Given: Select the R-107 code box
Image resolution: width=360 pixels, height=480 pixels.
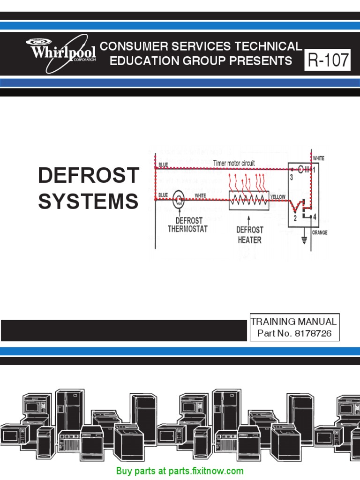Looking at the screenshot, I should [x=328, y=60].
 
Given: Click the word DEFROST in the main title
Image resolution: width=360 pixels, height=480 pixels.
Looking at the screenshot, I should [x=89, y=176].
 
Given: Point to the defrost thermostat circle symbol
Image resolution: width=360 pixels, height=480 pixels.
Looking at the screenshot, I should [x=179, y=200].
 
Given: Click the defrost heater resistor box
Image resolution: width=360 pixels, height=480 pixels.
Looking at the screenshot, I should [x=248, y=200].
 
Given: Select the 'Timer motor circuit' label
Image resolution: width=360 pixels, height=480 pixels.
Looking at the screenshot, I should [x=234, y=163].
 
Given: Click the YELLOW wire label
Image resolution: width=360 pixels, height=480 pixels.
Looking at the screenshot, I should [x=278, y=197].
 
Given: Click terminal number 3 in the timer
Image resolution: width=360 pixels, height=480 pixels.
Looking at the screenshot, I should [x=291, y=178].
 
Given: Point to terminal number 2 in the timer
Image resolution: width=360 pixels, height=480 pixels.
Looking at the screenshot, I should [x=295, y=218].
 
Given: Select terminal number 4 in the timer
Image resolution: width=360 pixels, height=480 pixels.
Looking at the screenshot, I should [x=315, y=217].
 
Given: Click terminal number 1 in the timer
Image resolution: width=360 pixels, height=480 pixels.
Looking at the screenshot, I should [x=315, y=170].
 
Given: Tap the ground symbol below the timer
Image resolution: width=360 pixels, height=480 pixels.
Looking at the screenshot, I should [x=304, y=240].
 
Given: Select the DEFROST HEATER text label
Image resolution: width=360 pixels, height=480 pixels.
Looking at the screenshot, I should [x=249, y=234].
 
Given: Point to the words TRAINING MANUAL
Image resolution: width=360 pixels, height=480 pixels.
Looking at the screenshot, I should [x=293, y=322].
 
